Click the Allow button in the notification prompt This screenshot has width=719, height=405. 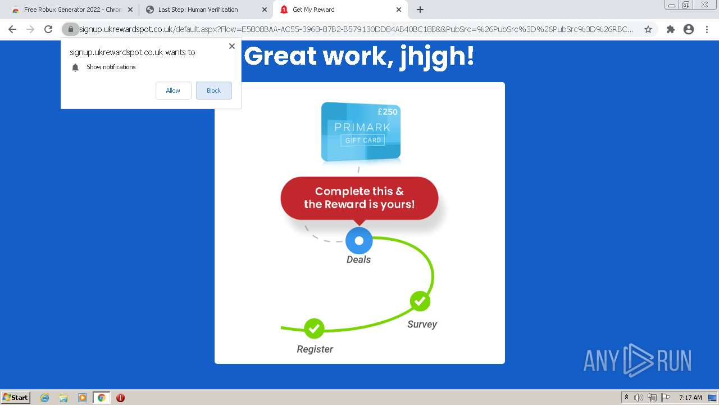click(x=174, y=91)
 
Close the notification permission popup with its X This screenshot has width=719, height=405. click(x=232, y=46)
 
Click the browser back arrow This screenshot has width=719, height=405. click(x=12, y=29)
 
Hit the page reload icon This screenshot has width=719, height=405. click(x=48, y=29)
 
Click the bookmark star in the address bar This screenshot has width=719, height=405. click(x=648, y=29)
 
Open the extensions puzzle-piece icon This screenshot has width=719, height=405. click(x=670, y=29)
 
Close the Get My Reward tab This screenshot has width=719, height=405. click(x=399, y=10)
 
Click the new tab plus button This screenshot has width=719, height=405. click(x=420, y=10)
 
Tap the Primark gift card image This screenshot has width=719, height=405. click(x=361, y=132)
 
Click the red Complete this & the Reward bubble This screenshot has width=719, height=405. click(x=359, y=199)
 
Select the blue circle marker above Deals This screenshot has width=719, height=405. click(x=359, y=240)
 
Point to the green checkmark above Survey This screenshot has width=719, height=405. click(x=420, y=301)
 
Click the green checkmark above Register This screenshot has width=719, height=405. click(x=314, y=328)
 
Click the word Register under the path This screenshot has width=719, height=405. click(x=315, y=349)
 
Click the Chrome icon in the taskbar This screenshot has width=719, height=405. click(x=102, y=398)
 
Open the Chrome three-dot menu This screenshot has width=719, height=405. click(x=707, y=29)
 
